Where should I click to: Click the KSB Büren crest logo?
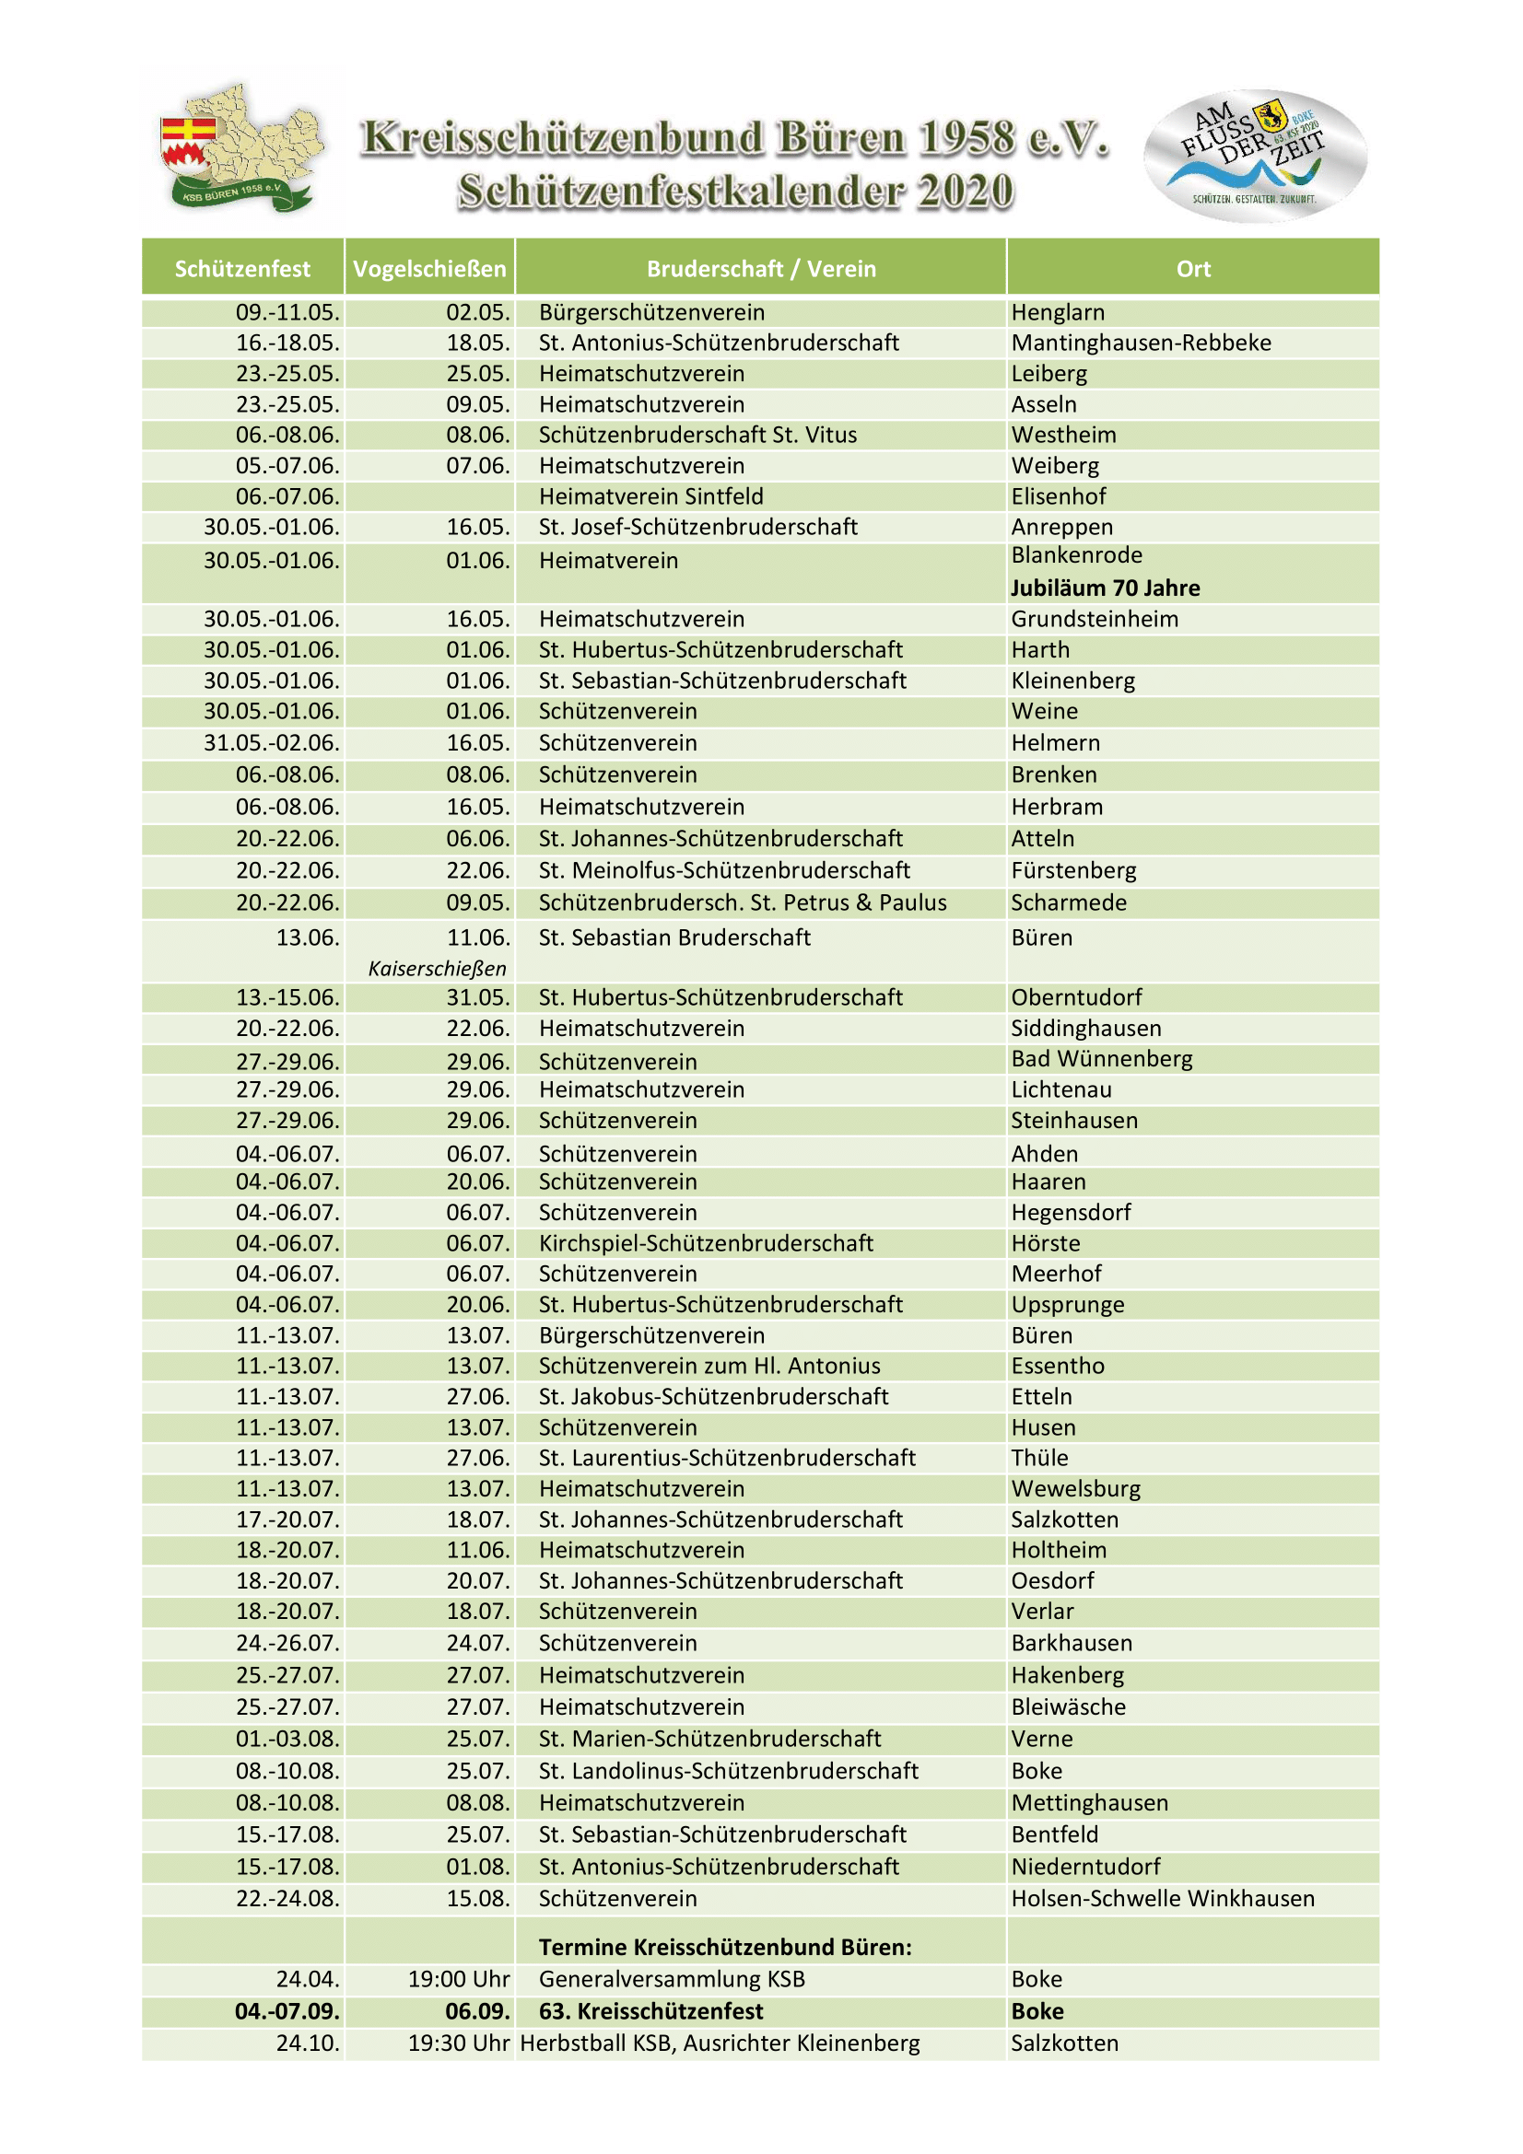tap(242, 147)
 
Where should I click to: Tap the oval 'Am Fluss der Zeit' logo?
tap(1254, 155)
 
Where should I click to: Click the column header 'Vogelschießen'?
tap(428, 269)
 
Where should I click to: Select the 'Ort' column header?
tap(1192, 269)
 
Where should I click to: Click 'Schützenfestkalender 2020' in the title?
tap(734, 192)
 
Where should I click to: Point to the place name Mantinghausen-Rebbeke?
tap(1140, 343)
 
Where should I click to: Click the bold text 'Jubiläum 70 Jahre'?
tap(1105, 588)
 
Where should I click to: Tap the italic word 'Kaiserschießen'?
tap(437, 968)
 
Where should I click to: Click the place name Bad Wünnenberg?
tap(1101, 1058)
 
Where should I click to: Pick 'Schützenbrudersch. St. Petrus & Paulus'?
tap(743, 902)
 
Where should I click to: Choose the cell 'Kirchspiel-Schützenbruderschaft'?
tap(706, 1243)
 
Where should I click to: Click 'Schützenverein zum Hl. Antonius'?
tap(709, 1366)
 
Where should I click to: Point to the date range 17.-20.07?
tap(287, 1519)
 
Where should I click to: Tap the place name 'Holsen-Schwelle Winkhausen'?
tap(1162, 1899)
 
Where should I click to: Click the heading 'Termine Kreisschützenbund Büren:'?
tap(724, 1948)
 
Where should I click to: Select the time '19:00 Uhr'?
tap(459, 1980)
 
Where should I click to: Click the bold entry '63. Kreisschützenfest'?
tap(650, 2011)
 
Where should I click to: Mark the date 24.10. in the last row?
tap(308, 2043)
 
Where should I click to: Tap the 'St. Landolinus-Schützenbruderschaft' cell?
tap(728, 1771)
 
